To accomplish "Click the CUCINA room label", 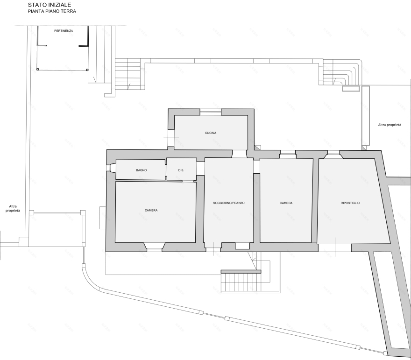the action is [x=211, y=133].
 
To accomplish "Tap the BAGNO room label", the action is [x=141, y=170].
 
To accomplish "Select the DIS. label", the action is [x=181, y=170].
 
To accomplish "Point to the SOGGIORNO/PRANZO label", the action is [x=228, y=203].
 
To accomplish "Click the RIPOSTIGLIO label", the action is [x=350, y=203].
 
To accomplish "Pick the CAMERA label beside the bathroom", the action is [x=151, y=210].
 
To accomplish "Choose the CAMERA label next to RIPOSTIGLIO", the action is [x=286, y=203].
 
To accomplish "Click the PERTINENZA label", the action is [x=64, y=31].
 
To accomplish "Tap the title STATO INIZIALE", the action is [x=50, y=5].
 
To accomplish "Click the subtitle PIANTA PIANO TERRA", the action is [x=52, y=11].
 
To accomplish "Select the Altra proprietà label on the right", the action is [x=390, y=125].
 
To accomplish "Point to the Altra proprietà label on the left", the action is [x=13, y=208].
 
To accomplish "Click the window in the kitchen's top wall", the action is [x=211, y=112].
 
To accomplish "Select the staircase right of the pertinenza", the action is [x=129, y=74].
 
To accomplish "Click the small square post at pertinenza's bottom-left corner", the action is [x=37, y=70].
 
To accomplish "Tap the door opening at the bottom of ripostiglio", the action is [x=335, y=247].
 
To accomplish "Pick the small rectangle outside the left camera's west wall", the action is [x=102, y=218].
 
